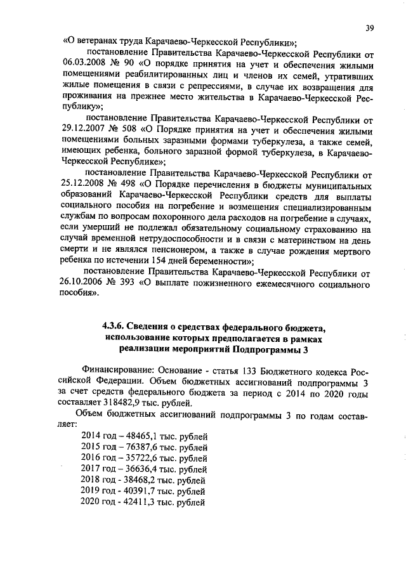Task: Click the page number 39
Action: (x=369, y=27)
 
